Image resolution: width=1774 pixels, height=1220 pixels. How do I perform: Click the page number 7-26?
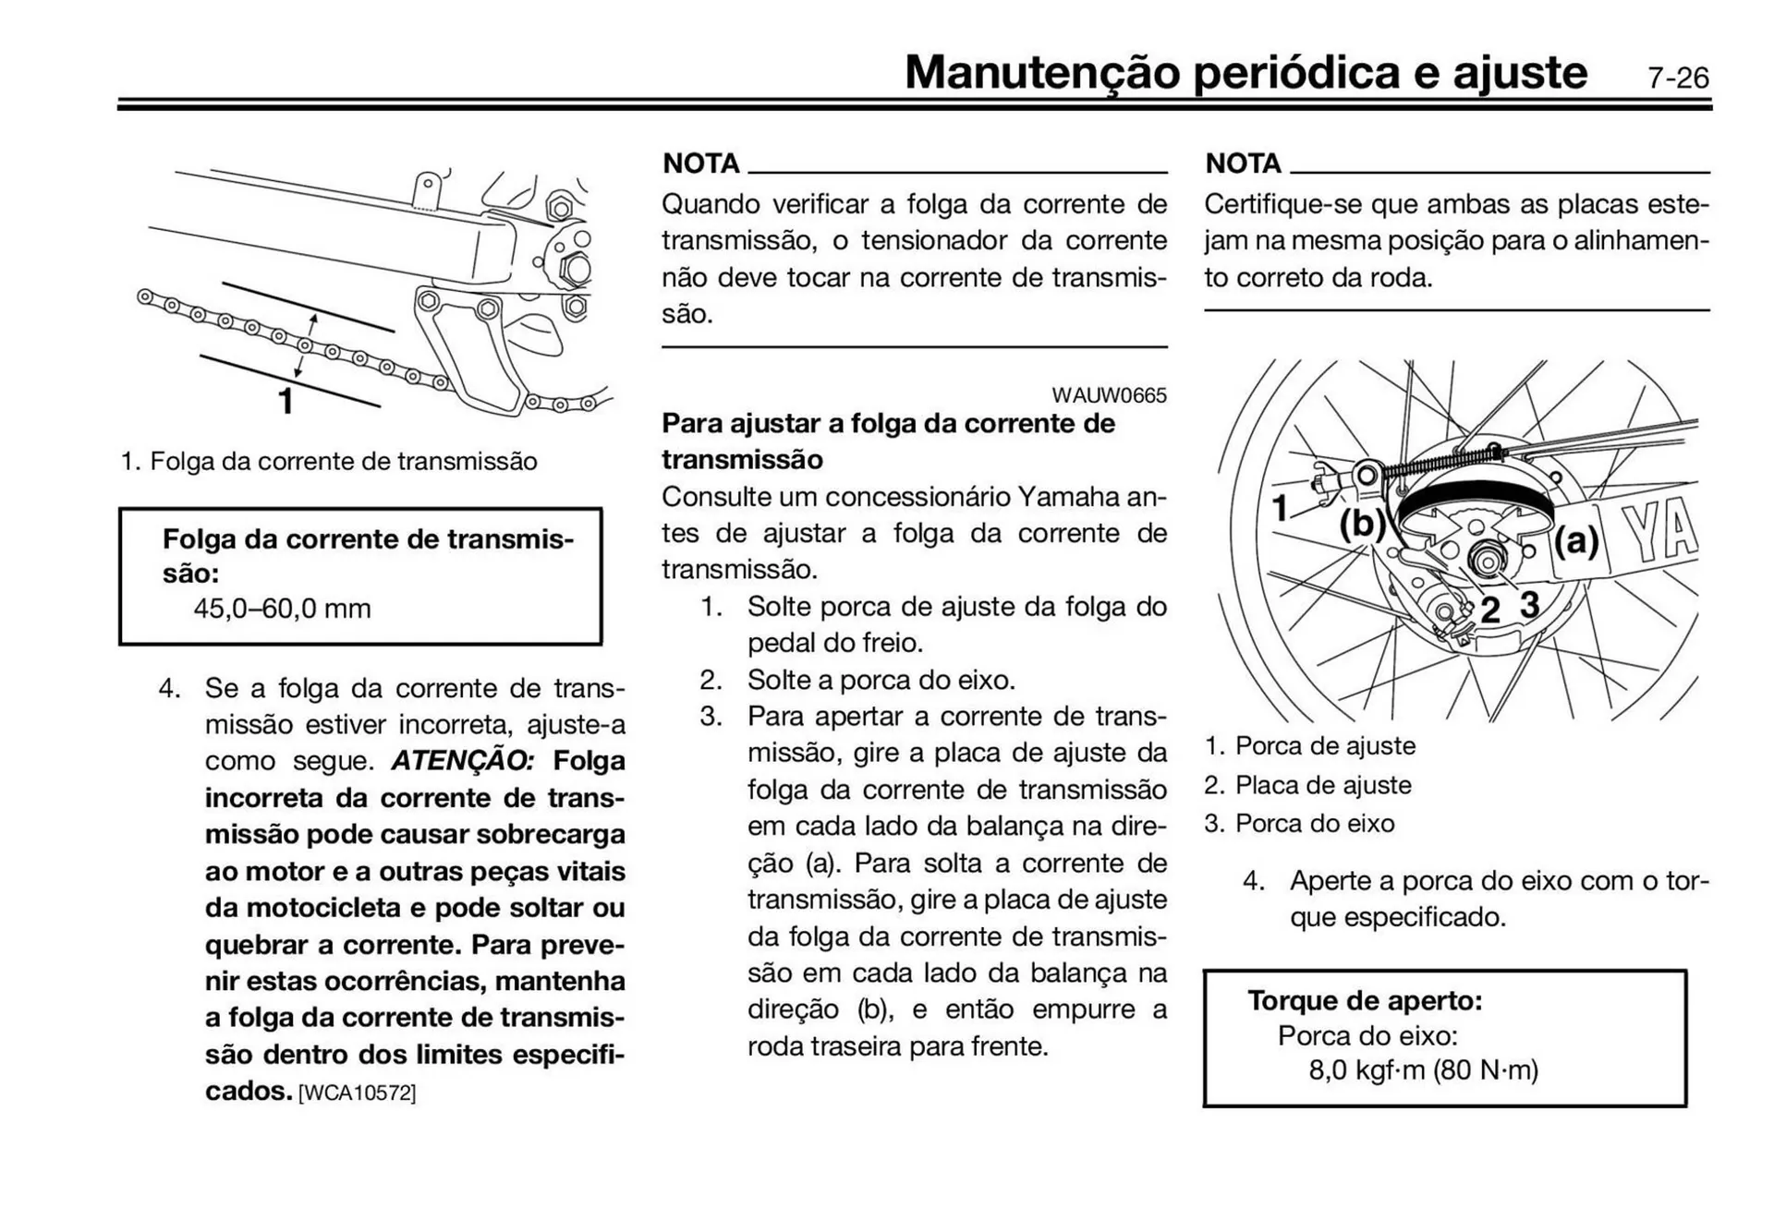pyautogui.click(x=1678, y=78)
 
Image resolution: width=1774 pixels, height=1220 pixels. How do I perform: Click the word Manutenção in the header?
pyautogui.click(x=1041, y=72)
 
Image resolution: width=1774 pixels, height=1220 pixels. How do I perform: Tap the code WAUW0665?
pyautogui.click(x=1109, y=395)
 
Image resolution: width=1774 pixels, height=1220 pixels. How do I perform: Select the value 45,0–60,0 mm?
pyautogui.click(x=282, y=609)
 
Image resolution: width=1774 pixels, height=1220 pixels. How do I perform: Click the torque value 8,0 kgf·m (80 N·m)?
pyautogui.click(x=1423, y=1070)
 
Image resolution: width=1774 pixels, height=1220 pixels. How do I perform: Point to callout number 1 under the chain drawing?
pyautogui.click(x=286, y=402)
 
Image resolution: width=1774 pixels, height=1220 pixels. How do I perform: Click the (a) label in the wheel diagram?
pyautogui.click(x=1575, y=540)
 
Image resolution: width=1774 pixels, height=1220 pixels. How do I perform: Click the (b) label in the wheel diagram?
pyautogui.click(x=1362, y=524)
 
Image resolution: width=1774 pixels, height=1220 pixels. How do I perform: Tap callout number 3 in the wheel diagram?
pyautogui.click(x=1530, y=605)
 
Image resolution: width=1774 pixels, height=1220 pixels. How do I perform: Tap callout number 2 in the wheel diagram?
pyautogui.click(x=1489, y=610)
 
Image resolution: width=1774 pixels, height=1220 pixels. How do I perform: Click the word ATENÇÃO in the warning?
pyautogui.click(x=462, y=761)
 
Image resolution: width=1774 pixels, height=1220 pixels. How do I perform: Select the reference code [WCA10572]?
pyautogui.click(x=357, y=1093)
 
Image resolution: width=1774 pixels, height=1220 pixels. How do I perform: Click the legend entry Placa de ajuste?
pyautogui.click(x=1322, y=785)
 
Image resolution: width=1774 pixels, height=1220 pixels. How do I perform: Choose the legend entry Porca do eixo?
pyautogui.click(x=1314, y=823)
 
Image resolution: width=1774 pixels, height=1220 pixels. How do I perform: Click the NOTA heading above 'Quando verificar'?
pyautogui.click(x=701, y=163)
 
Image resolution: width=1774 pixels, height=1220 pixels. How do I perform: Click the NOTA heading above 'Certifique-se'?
pyautogui.click(x=1243, y=163)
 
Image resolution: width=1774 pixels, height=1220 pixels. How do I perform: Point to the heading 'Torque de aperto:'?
pyautogui.click(x=1365, y=1000)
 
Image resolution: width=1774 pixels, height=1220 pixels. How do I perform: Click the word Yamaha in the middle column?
pyautogui.click(x=1068, y=497)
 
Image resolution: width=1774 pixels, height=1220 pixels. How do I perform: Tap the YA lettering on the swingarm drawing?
pyautogui.click(x=1659, y=534)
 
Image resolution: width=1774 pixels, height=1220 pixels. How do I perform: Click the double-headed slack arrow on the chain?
pyautogui.click(x=306, y=345)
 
